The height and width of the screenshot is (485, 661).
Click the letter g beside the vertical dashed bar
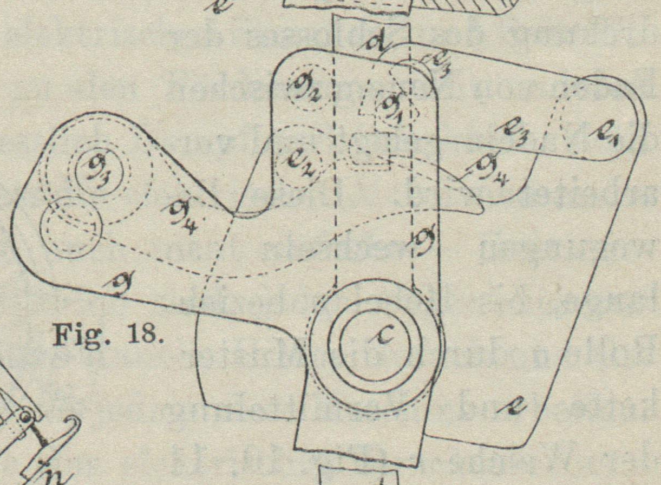426,238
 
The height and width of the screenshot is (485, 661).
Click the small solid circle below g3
69,228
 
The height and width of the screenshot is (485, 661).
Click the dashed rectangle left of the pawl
371,152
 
